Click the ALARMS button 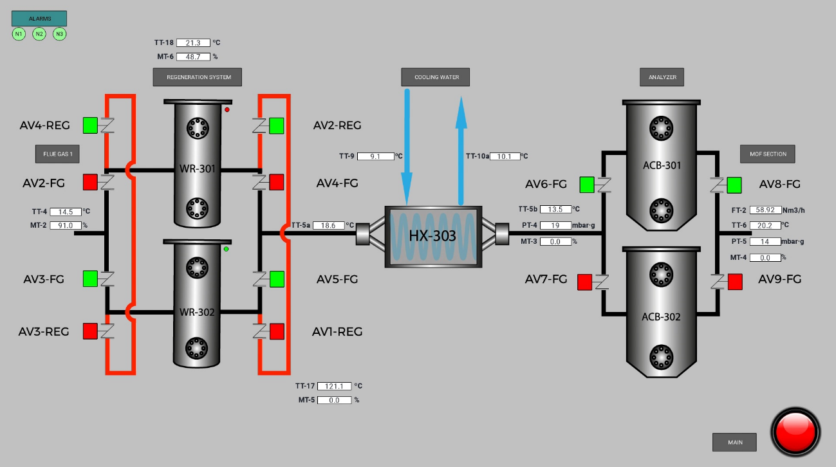coord(39,18)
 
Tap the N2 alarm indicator coord(39,34)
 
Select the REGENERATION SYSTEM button coord(198,77)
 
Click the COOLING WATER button coord(436,77)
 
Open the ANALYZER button coord(662,77)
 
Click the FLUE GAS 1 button coord(57,154)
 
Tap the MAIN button coord(734,443)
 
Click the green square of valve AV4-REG coord(90,125)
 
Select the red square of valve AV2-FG coord(90,183)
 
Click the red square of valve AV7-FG coord(585,282)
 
